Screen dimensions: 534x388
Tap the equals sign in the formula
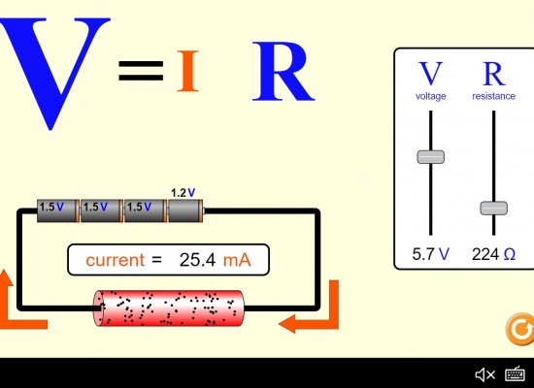click(141, 71)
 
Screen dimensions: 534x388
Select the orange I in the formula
click(188, 71)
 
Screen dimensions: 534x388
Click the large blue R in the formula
click(283, 72)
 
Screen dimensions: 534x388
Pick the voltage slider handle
click(431, 157)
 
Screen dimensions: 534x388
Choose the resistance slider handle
click(494, 209)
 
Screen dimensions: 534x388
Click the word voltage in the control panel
click(431, 96)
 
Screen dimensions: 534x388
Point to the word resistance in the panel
click(493, 96)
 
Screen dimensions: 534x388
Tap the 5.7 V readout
click(431, 254)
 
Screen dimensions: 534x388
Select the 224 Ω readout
click(493, 254)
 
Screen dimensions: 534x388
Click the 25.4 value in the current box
click(197, 260)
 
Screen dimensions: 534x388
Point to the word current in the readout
click(116, 260)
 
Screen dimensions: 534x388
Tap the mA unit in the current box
click(237, 260)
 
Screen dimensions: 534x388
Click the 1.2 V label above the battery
click(184, 193)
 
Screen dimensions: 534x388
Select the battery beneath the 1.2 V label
click(186, 211)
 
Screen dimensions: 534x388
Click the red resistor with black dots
click(169, 308)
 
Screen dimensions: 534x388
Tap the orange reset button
click(520, 329)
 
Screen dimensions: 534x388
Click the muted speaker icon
click(484, 374)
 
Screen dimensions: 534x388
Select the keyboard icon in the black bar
click(515, 374)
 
